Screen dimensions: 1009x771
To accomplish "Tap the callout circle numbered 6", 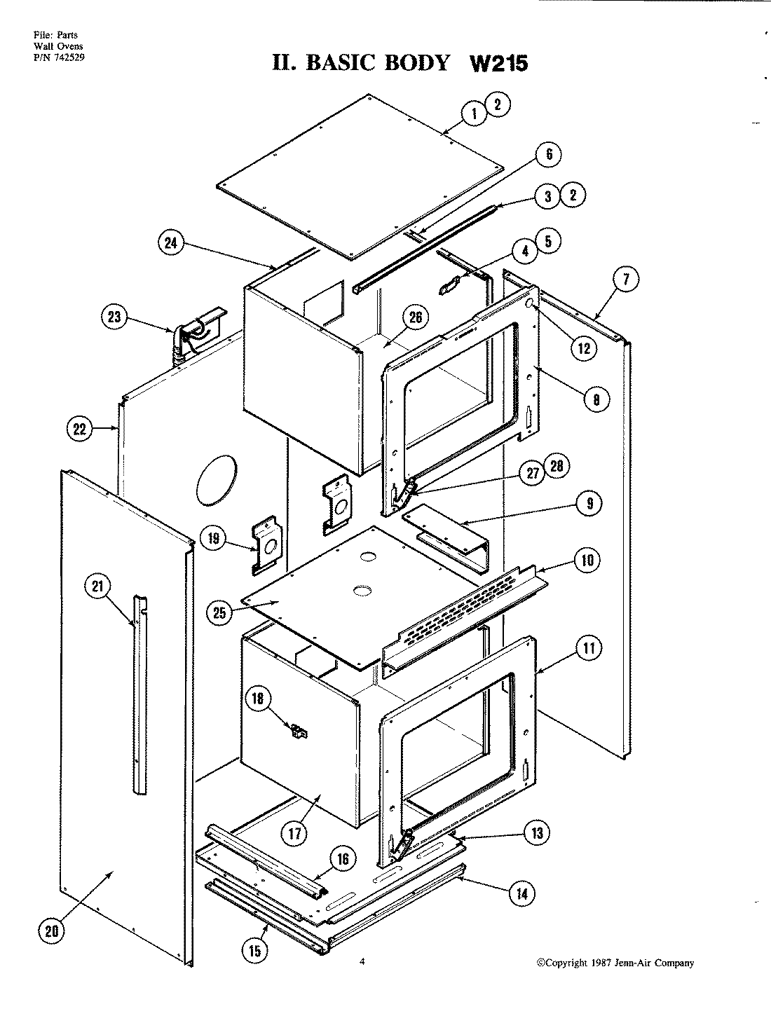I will click(549, 154).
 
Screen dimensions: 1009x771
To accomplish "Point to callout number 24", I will click(171, 244).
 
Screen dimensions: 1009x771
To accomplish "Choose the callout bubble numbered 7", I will click(626, 280).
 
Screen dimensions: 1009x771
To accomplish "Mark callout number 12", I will click(583, 347).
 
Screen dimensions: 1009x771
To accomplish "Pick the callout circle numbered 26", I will click(415, 318).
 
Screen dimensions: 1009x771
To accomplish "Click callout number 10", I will click(587, 560).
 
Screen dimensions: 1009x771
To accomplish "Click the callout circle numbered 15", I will click(254, 951).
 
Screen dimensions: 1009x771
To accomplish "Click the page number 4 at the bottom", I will click(362, 962).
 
